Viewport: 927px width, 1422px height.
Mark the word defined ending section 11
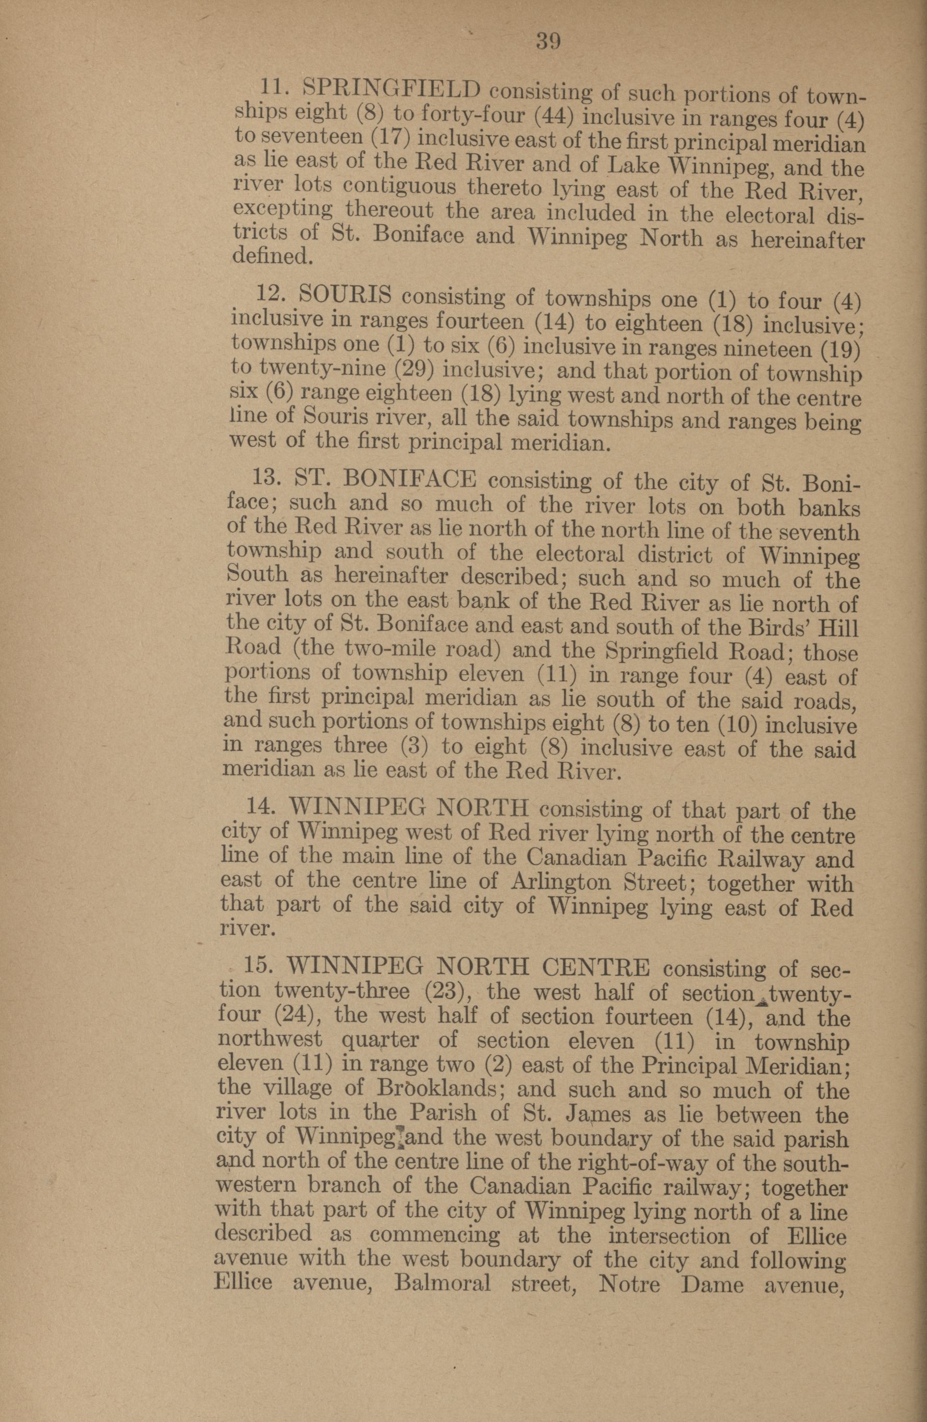[271, 257]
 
